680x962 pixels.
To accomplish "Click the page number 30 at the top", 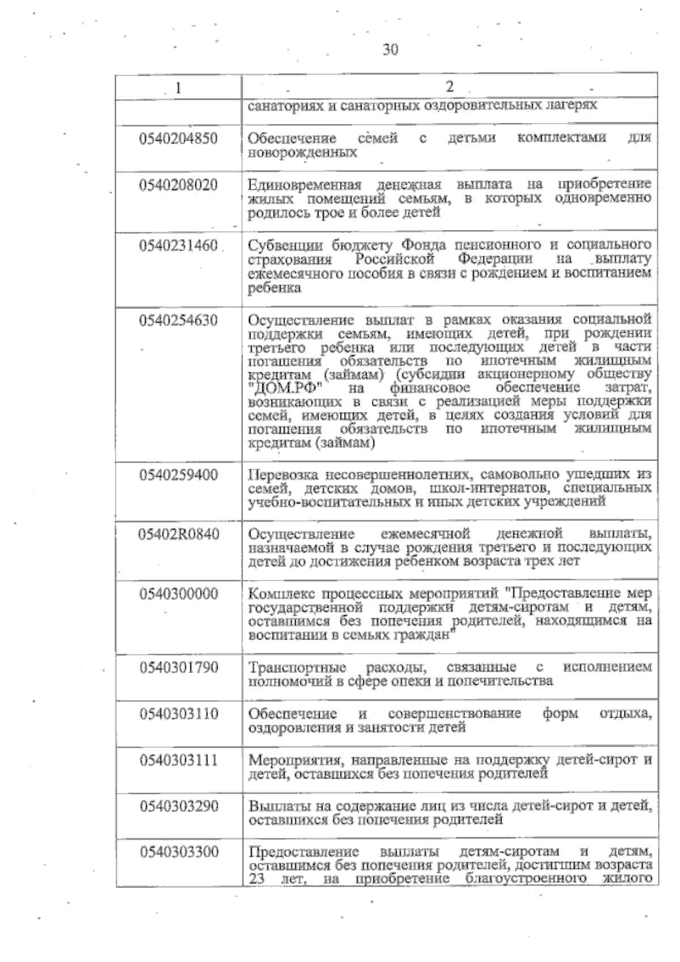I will click(x=390, y=50).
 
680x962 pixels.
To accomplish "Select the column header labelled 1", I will click(x=179, y=88).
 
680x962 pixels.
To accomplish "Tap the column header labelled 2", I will click(x=449, y=87).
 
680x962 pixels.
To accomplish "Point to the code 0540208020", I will click(x=178, y=185).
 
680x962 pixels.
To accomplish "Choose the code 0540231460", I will click(x=178, y=246).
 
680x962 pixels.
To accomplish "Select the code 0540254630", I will click(x=178, y=321).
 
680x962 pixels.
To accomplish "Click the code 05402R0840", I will click(x=178, y=535).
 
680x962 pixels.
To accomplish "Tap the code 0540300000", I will click(x=178, y=595).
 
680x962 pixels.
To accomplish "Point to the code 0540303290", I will click(x=178, y=806).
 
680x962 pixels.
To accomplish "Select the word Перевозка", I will click(x=283, y=474).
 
